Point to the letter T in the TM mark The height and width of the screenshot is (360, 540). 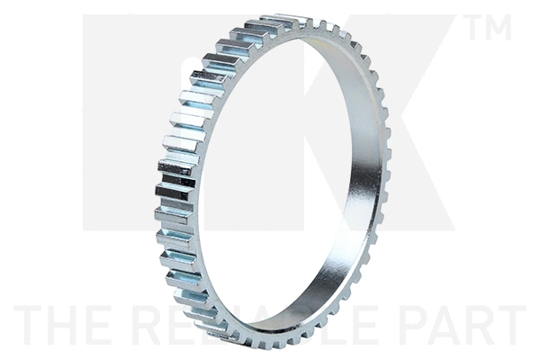click(475, 28)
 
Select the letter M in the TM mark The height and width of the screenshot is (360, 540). click(498, 28)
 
